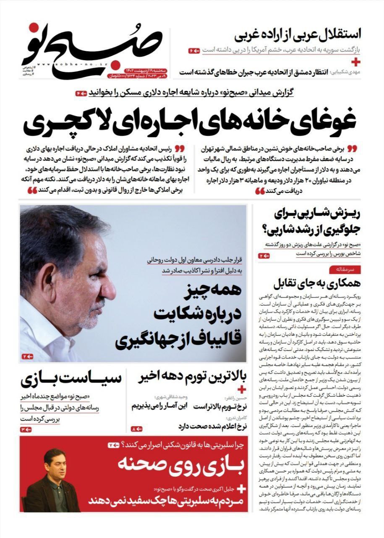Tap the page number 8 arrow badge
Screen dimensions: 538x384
click(137, 429)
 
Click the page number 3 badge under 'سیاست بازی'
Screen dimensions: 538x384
click(26, 429)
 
